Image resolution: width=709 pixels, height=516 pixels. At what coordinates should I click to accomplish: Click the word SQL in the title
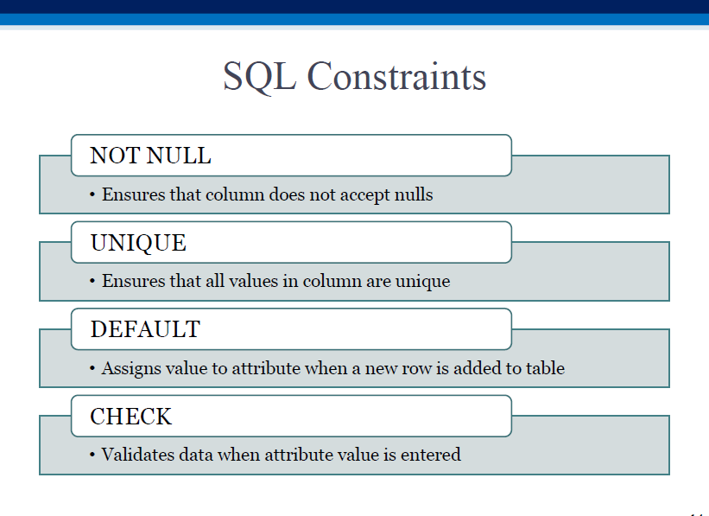tap(260, 77)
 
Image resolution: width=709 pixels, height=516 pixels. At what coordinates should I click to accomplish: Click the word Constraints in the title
tap(396, 76)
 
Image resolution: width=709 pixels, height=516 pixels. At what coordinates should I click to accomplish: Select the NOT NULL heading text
tap(150, 156)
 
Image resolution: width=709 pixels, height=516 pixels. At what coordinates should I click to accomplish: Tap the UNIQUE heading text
tap(138, 243)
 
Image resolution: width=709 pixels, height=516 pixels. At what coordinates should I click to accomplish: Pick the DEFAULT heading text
tap(145, 329)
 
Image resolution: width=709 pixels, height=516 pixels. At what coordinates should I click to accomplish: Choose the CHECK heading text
tap(131, 417)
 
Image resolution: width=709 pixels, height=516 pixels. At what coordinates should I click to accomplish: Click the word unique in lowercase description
tap(423, 282)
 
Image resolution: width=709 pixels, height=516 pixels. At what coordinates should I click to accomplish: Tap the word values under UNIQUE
tap(253, 281)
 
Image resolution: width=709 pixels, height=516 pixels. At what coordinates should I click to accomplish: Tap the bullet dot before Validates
tap(92, 455)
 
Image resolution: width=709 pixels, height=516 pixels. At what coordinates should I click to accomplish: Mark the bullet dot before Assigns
tap(92, 368)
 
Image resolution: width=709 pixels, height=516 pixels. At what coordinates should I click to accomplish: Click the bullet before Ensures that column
tap(92, 194)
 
